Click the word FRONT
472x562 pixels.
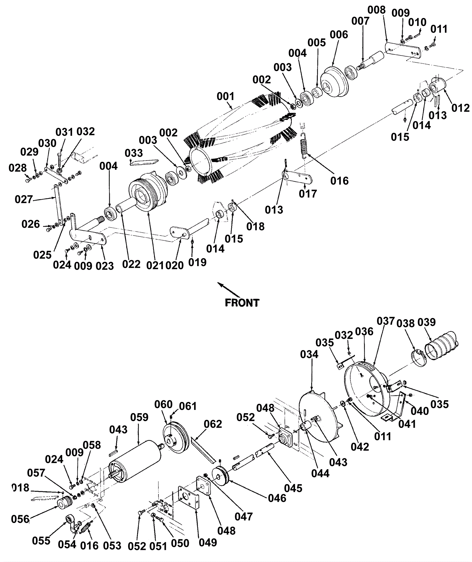(242, 303)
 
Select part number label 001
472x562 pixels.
(225, 96)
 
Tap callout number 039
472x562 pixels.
(426, 322)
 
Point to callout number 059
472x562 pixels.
(139, 417)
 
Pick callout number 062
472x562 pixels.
(213, 424)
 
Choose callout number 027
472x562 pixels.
(24, 199)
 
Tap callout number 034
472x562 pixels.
(309, 354)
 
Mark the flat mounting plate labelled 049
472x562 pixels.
(188, 498)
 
